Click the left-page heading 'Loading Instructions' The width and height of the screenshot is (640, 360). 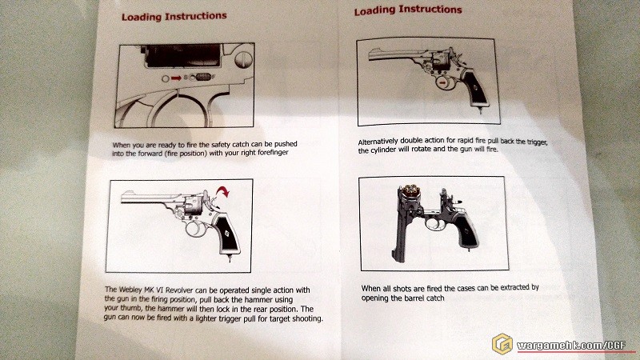[x=174, y=16]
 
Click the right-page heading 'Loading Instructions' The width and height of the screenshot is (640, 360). [x=408, y=10]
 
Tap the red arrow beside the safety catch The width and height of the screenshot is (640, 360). [x=176, y=78]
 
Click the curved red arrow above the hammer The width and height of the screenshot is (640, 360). [x=223, y=191]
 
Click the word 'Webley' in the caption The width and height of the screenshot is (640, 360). [x=130, y=290]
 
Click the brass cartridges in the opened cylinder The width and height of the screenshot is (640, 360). [x=410, y=190]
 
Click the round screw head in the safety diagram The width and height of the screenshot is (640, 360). [x=244, y=59]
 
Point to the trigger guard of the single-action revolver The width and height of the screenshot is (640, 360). [x=194, y=229]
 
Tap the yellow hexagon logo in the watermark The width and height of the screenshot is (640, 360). [x=502, y=344]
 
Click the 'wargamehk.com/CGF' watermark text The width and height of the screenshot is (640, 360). [x=571, y=346]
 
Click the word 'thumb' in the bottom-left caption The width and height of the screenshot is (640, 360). [x=131, y=308]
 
